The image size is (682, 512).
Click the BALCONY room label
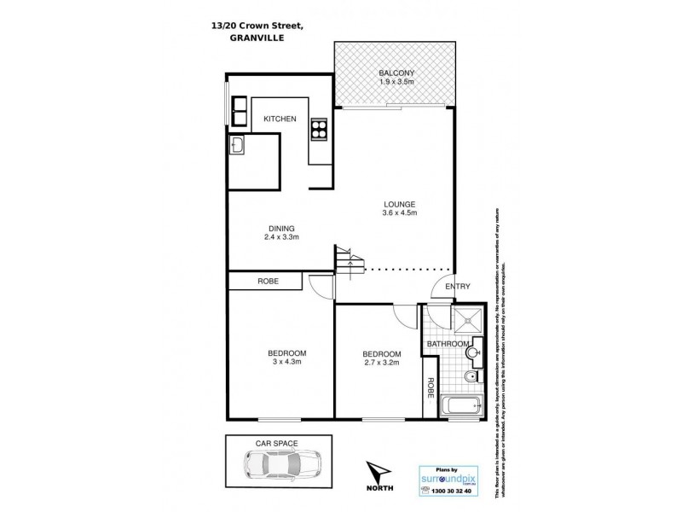pos(396,73)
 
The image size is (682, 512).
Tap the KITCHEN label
pos(279,119)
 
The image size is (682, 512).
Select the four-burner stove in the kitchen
pos(319,129)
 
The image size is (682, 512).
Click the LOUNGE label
pos(398,204)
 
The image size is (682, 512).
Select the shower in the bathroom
pos(466,321)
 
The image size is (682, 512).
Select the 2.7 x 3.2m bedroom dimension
pos(381,364)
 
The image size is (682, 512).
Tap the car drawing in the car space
pos(278,467)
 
